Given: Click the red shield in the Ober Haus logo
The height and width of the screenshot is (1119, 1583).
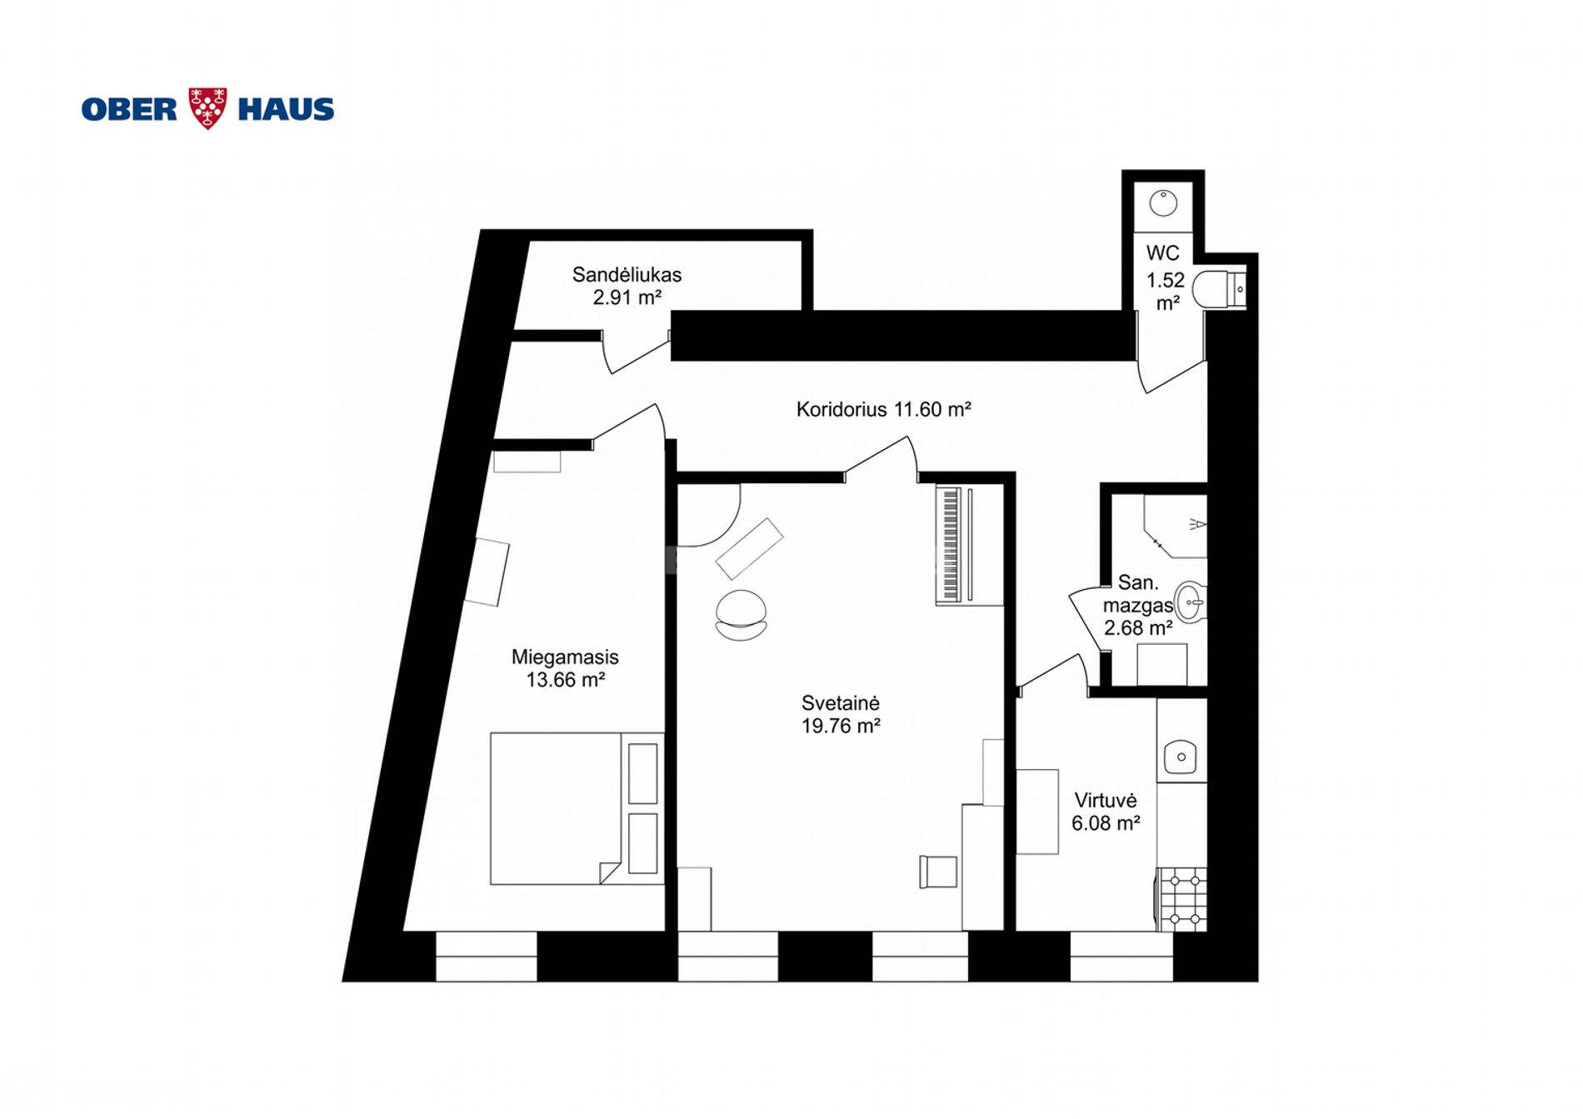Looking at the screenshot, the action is click(x=207, y=107).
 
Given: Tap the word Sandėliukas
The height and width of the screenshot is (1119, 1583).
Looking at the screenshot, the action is click(x=627, y=274).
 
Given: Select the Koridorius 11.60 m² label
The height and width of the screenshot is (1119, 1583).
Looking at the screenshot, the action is click(x=883, y=409).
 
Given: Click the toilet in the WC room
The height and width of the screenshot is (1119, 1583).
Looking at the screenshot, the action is click(x=1219, y=289).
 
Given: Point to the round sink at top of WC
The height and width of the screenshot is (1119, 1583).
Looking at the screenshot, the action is click(x=1163, y=202).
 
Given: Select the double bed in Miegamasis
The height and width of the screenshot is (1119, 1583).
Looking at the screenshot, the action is click(x=577, y=808).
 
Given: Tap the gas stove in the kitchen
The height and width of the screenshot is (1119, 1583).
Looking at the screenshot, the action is click(x=1181, y=899).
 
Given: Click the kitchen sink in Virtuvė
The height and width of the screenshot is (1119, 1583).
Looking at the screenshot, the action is click(x=1181, y=757).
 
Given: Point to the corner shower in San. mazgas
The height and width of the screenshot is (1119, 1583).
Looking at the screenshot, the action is click(x=1175, y=526).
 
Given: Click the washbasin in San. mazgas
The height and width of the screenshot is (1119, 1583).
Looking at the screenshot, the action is click(x=1190, y=602).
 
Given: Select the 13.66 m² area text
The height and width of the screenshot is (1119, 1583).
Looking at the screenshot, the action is click(x=565, y=680).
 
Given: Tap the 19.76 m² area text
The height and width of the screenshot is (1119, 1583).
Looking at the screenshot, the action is click(x=841, y=726).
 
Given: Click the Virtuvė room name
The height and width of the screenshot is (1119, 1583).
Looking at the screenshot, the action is click(x=1106, y=801).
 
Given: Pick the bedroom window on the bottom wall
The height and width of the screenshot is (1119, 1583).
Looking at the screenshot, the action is click(x=486, y=957).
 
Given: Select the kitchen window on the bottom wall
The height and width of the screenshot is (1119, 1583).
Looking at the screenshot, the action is click(x=1121, y=957).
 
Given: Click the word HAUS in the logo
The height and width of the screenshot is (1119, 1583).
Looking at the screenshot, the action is click(x=286, y=109).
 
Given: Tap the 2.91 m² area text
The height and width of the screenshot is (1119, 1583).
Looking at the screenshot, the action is click(x=627, y=297).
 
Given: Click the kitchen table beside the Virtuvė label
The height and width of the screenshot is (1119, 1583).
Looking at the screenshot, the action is click(x=1037, y=812).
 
